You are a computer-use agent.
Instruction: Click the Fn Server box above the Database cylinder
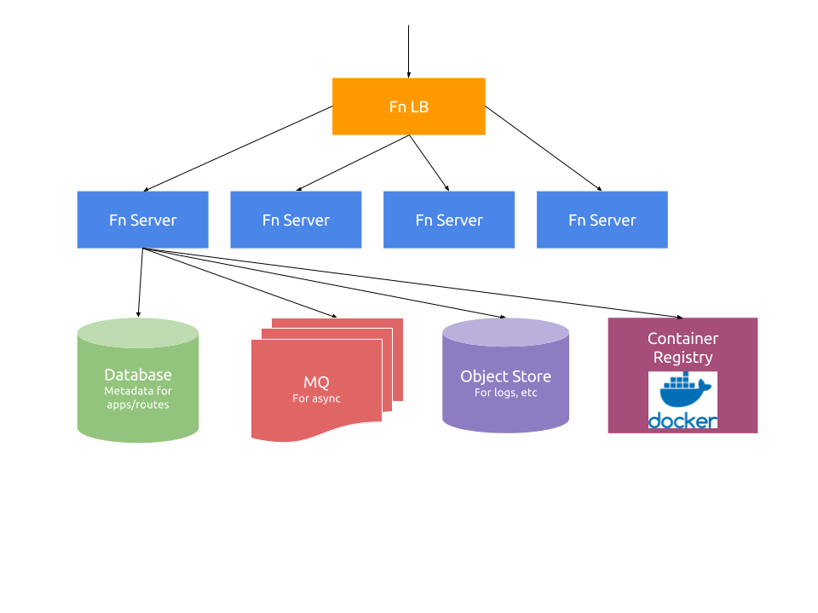[142, 220]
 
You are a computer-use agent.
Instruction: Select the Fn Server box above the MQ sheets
[296, 220]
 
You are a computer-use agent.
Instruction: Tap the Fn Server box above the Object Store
[449, 220]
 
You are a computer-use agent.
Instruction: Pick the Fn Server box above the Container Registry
[602, 220]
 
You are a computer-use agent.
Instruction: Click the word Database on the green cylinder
[138, 375]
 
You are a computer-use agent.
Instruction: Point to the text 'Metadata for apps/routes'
[138, 398]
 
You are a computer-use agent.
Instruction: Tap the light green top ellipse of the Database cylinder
[138, 333]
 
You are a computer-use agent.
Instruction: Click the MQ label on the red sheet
[316, 382]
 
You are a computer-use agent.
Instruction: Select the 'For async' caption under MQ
[316, 398]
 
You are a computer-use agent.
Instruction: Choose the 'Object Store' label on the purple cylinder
[505, 376]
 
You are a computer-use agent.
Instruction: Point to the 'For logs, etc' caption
[505, 392]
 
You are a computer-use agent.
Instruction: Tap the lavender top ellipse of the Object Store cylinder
[505, 332]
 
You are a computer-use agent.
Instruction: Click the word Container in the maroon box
[683, 339]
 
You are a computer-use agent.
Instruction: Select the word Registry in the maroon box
[683, 358]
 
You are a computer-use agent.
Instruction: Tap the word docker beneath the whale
[683, 421]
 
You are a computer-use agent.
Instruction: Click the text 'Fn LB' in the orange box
[409, 107]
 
